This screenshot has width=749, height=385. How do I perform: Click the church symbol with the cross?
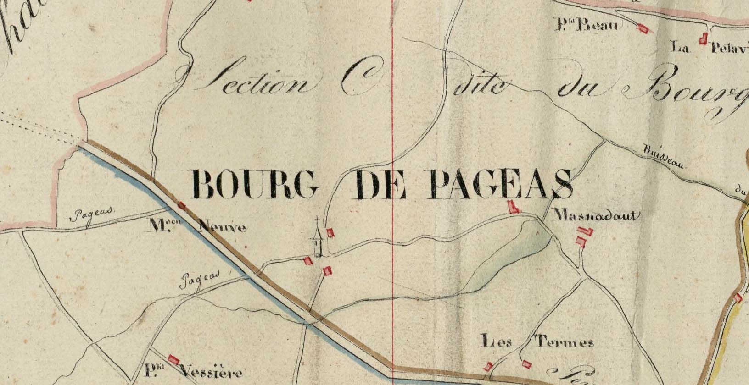(317, 238)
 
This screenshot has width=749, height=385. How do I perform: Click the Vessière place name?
(202, 372)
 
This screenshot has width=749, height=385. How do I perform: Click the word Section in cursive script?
(257, 82)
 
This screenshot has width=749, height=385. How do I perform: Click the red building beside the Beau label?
(643, 28)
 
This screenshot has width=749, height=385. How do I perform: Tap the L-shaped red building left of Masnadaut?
(514, 207)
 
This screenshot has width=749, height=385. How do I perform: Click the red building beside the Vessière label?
(173, 360)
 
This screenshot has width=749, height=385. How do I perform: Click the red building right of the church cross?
(330, 233)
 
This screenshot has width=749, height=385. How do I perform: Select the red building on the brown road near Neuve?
(182, 206)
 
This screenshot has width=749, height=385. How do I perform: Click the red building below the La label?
(702, 40)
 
